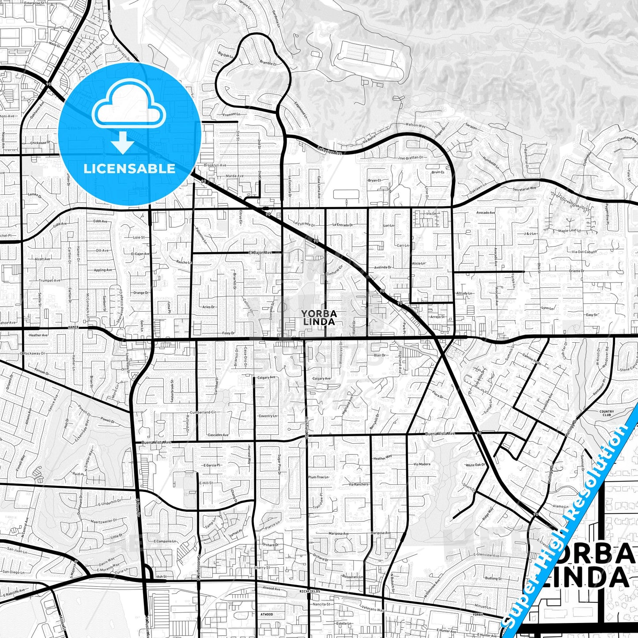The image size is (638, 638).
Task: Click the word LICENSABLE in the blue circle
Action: coord(129,169)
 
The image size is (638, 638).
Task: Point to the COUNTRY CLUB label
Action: coord(607,413)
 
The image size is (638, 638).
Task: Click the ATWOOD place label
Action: coord(266,615)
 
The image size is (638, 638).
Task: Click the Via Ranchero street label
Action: coord(358,484)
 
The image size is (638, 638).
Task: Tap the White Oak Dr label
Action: coord(476,465)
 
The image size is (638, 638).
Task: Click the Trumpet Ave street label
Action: coord(49,280)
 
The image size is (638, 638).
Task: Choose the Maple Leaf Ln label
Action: coord(569,230)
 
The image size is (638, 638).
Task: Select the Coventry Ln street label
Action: coord(268,416)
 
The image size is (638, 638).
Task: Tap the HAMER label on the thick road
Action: coord(73,328)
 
